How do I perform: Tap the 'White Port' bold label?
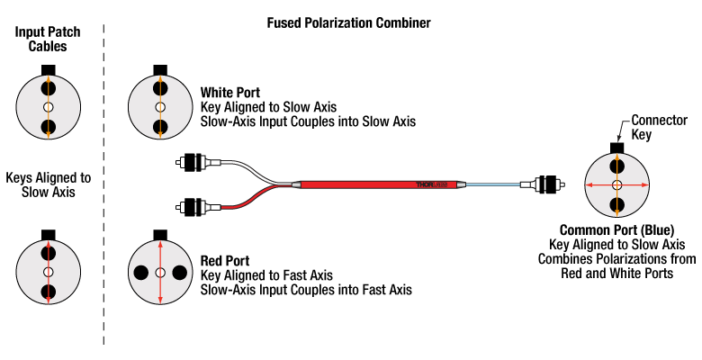230,93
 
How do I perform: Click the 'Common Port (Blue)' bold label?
616,229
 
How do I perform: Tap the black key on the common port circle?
616,148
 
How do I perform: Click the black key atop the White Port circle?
160,70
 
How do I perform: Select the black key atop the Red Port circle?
160,234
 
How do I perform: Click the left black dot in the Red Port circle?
141,272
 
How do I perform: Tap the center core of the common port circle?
616,185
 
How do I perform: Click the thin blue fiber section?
495,185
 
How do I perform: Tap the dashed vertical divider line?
105,180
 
